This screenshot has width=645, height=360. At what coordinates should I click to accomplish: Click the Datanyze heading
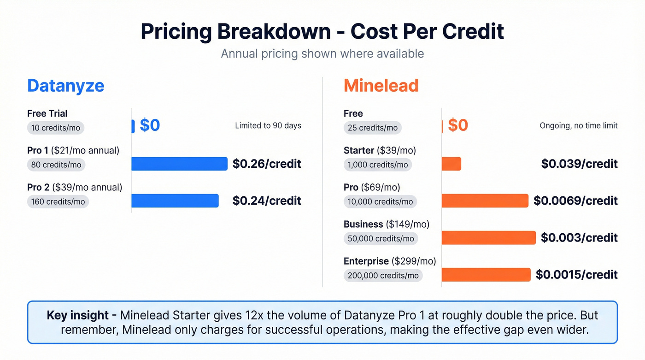click(x=65, y=86)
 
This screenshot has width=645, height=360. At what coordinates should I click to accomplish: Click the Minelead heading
click(x=381, y=86)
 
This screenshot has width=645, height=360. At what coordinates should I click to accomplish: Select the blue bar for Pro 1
click(x=179, y=164)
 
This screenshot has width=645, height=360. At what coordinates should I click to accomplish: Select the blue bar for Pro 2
click(x=175, y=201)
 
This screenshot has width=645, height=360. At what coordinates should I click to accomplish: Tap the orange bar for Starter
click(x=451, y=164)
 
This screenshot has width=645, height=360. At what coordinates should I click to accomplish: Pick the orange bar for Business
click(x=488, y=237)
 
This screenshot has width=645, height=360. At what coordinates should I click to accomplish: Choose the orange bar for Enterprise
click(x=486, y=275)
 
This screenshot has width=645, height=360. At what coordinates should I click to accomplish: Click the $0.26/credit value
click(x=267, y=164)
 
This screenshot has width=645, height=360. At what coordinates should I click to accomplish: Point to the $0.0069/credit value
click(x=575, y=201)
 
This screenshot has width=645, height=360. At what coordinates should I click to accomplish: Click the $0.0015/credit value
click(x=576, y=275)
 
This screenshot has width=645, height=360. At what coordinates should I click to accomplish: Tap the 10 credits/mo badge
click(x=56, y=128)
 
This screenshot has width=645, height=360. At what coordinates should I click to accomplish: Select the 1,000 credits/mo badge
click(x=378, y=165)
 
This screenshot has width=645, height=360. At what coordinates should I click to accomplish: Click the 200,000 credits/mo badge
click(x=383, y=275)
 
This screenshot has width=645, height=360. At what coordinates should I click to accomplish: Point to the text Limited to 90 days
click(x=268, y=125)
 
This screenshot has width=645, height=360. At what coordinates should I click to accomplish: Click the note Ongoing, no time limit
click(x=578, y=125)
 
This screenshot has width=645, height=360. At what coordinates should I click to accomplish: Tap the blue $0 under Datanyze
click(x=150, y=125)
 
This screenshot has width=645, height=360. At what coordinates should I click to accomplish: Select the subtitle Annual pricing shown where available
click(x=322, y=53)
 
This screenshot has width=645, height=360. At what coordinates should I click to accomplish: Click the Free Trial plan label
click(x=47, y=113)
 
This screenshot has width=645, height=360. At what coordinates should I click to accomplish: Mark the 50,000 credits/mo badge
click(x=381, y=238)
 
